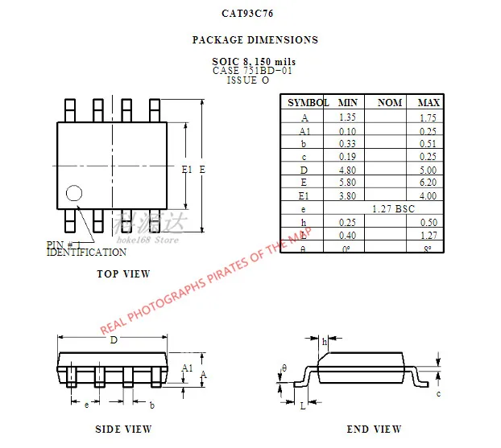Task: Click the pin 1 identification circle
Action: [x=74, y=193]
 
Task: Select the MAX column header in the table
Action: [x=429, y=103]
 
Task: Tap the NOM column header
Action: [x=390, y=103]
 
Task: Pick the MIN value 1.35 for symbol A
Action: [x=348, y=117]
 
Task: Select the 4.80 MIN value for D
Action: [x=348, y=169]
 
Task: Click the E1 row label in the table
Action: [x=304, y=195]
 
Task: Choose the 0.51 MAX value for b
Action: [x=428, y=143]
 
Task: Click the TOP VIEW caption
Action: [x=123, y=274]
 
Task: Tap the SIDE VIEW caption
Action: [x=123, y=430]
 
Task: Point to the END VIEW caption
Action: [x=374, y=430]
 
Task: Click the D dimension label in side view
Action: [x=114, y=339]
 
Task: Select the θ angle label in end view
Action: [x=284, y=368]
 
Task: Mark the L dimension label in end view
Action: [x=303, y=407]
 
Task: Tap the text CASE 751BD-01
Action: [x=252, y=71]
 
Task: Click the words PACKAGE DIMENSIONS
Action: [x=255, y=39]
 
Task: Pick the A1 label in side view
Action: [x=187, y=368]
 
